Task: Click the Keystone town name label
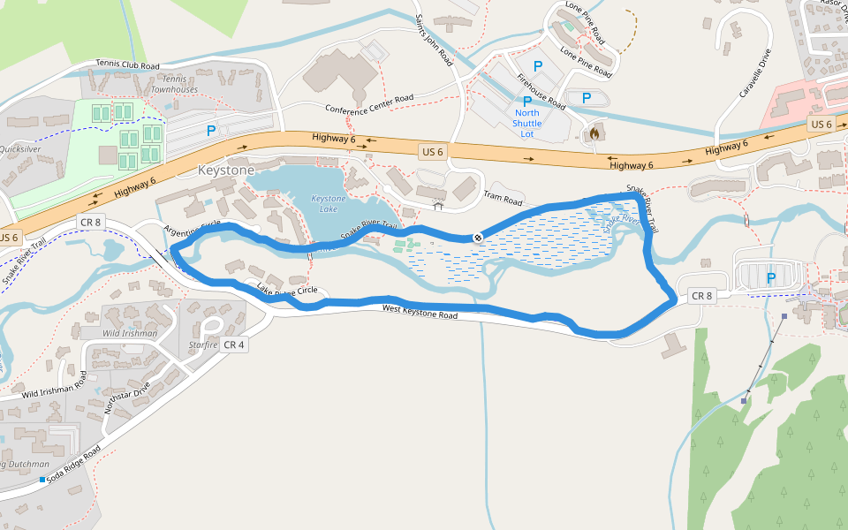tap(226, 170)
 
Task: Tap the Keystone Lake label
tap(329, 204)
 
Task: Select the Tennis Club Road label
tap(128, 65)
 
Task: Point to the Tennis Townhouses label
tap(174, 84)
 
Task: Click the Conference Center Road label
tap(369, 104)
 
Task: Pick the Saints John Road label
tap(433, 41)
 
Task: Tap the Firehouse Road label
tap(541, 92)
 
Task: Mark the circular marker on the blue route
tap(478, 237)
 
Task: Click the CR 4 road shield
tap(234, 344)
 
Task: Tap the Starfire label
tap(203, 344)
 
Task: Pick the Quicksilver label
tap(19, 149)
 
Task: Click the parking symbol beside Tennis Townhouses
tap(211, 131)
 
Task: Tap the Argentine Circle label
tap(192, 228)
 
